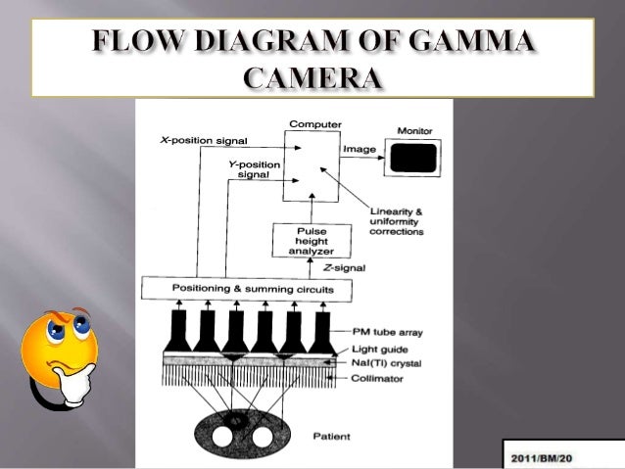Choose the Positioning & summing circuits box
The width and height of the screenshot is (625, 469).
pos(253,289)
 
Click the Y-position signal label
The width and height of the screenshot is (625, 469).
pos(253,169)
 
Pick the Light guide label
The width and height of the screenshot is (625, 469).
pos(382,350)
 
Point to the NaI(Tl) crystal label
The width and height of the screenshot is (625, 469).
pos(388,364)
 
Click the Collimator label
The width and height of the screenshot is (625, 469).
pos(379,379)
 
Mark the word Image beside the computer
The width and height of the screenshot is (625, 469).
pos(356,149)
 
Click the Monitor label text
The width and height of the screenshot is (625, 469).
pos(415,131)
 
